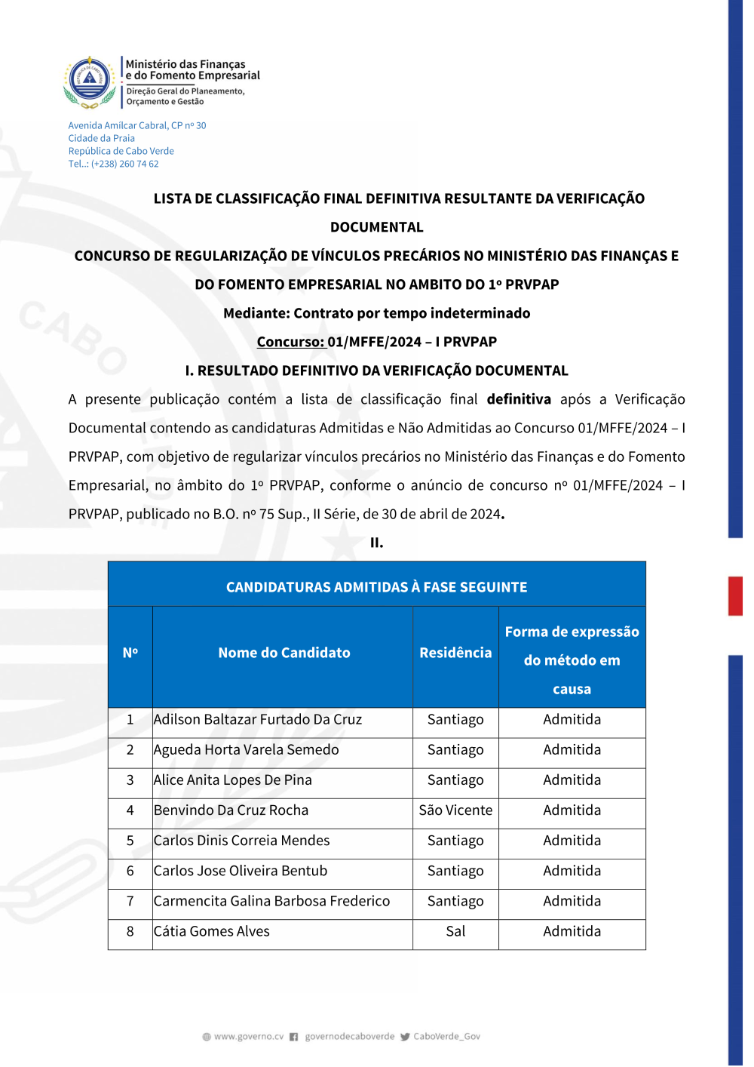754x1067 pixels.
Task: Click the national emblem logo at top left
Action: (x=90, y=81)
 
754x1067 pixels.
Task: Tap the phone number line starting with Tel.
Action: (x=113, y=164)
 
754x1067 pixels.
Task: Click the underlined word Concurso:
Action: (x=290, y=342)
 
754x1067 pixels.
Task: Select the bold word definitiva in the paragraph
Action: (x=519, y=399)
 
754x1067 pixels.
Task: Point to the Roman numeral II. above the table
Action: (x=376, y=543)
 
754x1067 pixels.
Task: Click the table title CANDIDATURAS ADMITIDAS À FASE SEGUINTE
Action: (x=376, y=587)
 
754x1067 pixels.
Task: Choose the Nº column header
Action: (x=130, y=653)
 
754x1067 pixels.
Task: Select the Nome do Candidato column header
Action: (x=284, y=653)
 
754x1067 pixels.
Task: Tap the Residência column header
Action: (x=455, y=653)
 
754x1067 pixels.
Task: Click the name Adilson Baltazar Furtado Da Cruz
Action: (x=258, y=720)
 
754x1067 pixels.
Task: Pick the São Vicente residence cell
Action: (x=455, y=810)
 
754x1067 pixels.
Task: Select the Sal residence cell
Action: (x=455, y=931)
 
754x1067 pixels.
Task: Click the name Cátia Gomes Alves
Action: (x=212, y=931)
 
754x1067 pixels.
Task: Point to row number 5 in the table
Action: (x=130, y=841)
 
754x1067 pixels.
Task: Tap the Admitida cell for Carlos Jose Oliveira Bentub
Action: (x=572, y=871)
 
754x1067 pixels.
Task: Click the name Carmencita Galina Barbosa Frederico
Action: (x=271, y=901)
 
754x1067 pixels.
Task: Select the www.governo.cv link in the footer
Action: (x=248, y=1037)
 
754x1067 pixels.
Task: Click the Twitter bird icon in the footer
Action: (x=405, y=1037)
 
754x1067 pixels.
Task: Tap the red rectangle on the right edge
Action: (x=735, y=596)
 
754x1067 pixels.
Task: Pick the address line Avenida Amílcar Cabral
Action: (x=137, y=125)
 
